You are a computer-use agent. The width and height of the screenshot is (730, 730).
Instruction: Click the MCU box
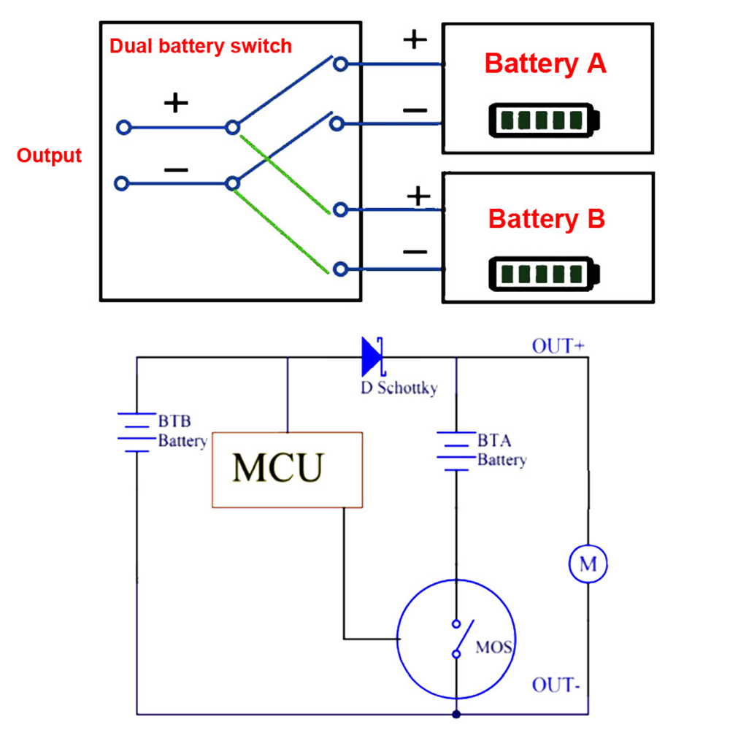287,469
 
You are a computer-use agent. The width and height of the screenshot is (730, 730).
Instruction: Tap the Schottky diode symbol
372,356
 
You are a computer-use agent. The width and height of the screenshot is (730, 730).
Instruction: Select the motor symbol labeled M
588,564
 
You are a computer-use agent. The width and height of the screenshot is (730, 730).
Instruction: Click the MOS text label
494,647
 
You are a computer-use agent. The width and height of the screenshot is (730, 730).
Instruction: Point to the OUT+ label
558,345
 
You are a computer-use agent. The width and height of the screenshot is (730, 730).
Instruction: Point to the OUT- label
556,685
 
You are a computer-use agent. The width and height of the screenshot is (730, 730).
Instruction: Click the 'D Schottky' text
399,388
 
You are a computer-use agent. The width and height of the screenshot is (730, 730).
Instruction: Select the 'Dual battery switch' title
200,46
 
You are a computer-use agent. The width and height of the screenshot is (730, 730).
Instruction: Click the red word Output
49,155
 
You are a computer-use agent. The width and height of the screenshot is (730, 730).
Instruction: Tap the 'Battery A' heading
545,64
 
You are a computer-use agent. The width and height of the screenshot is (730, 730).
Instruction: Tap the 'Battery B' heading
546,219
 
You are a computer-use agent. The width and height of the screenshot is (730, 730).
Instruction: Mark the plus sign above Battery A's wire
415,39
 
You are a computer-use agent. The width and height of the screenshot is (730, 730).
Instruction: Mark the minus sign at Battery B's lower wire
415,253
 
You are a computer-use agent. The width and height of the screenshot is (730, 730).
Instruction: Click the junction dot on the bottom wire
456,714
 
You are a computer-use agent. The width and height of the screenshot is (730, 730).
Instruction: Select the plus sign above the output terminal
175,103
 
